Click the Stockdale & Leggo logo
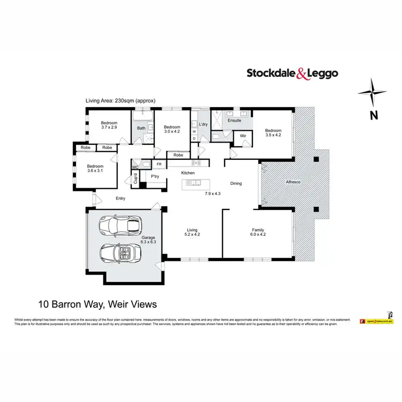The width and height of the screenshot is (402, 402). tap(292, 73)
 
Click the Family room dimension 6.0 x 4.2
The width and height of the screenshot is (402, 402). tap(258, 235)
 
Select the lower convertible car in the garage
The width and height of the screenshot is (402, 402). tap(122, 251)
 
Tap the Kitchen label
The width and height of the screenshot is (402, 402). tap(188, 173)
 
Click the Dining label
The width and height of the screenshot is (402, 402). tap(236, 183)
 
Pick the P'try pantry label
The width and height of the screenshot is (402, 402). tap(155, 176)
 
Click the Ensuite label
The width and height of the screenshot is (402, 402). tap(235, 121)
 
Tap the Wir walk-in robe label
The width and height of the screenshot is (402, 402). tap(242, 136)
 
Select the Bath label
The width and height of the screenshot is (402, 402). tap(141, 128)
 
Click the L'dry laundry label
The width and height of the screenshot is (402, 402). tap(203, 124)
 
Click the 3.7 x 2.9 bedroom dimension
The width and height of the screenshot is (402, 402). tap(109, 128)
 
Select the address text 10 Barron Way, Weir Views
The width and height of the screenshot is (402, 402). tap(98, 304)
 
